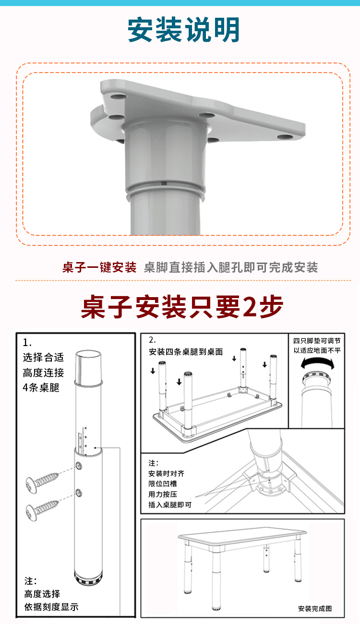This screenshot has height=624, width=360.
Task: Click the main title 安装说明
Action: [183, 30]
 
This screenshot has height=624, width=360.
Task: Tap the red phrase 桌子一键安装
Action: [99, 267]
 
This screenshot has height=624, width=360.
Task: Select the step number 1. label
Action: [27, 343]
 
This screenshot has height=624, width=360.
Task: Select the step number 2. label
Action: [153, 339]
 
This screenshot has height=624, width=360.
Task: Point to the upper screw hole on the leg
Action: [78, 465]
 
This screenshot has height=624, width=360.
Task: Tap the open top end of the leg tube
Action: [90, 356]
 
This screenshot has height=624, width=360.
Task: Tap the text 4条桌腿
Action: [41, 387]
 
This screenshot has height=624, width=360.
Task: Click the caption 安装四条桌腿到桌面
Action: [186, 352]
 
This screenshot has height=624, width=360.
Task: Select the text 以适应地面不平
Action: [317, 350]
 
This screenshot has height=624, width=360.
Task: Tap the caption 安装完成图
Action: [315, 609]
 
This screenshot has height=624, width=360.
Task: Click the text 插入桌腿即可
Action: [170, 504]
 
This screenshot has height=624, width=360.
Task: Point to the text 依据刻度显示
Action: [51, 607]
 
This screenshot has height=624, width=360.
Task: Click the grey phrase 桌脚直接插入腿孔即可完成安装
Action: [231, 267]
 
